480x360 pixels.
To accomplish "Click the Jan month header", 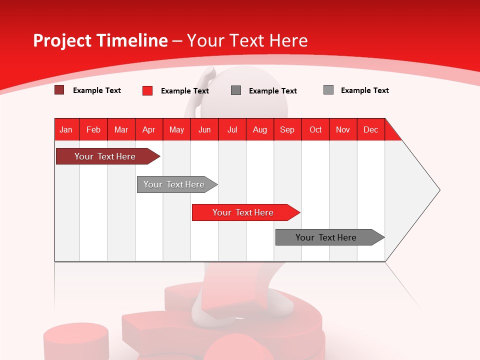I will pyautogui.click(x=66, y=129).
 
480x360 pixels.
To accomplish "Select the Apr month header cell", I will pyautogui.click(x=149, y=129).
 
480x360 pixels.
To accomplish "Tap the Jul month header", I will pyautogui.click(x=232, y=129).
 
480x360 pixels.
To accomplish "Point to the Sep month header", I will pyautogui.click(x=287, y=129).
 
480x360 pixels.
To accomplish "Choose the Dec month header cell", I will pyautogui.click(x=371, y=129).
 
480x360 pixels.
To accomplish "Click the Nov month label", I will pyautogui.click(x=343, y=129).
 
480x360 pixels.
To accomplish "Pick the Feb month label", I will pyautogui.click(x=93, y=129).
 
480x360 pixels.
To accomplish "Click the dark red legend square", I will pyautogui.click(x=59, y=90).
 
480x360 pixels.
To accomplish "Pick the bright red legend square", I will pyautogui.click(x=147, y=90).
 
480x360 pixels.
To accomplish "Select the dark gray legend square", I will pyautogui.click(x=236, y=90).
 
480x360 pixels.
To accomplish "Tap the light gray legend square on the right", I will pyautogui.click(x=328, y=90).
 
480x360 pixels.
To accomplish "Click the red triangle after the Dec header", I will pyautogui.click(x=391, y=133).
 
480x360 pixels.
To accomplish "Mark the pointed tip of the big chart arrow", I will pyautogui.click(x=439, y=190).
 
